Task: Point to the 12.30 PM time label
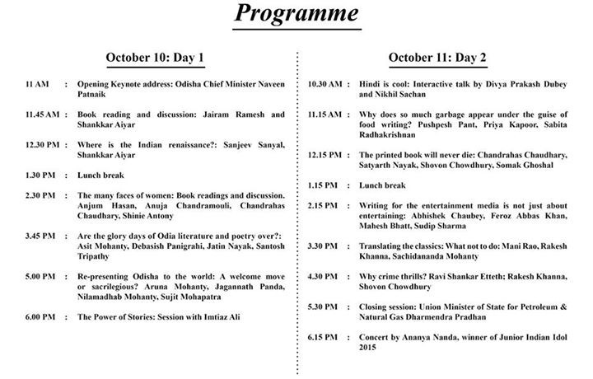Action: (x=42, y=145)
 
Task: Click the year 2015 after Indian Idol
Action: (x=368, y=349)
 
